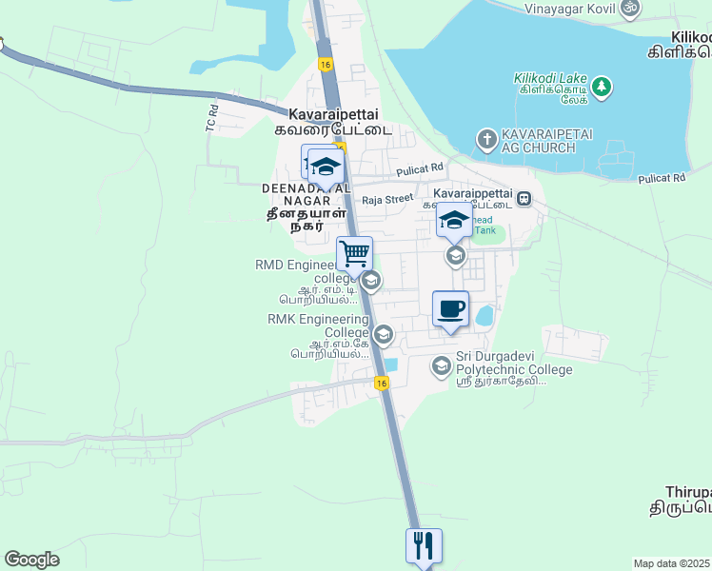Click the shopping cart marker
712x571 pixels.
(x=354, y=254)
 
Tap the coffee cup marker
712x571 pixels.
(x=451, y=309)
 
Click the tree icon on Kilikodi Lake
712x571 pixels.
(x=601, y=89)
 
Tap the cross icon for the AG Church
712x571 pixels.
(x=485, y=141)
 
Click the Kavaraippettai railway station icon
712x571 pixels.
(x=524, y=200)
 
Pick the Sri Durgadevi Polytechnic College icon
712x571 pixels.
(x=441, y=365)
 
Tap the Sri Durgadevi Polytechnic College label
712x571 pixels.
(x=514, y=368)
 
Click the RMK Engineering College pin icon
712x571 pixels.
(x=383, y=334)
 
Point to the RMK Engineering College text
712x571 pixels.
(x=319, y=326)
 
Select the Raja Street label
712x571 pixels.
(x=387, y=199)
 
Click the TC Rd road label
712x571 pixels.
(x=212, y=117)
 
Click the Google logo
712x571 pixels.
(x=31, y=560)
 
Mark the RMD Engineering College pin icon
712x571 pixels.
(x=371, y=281)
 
